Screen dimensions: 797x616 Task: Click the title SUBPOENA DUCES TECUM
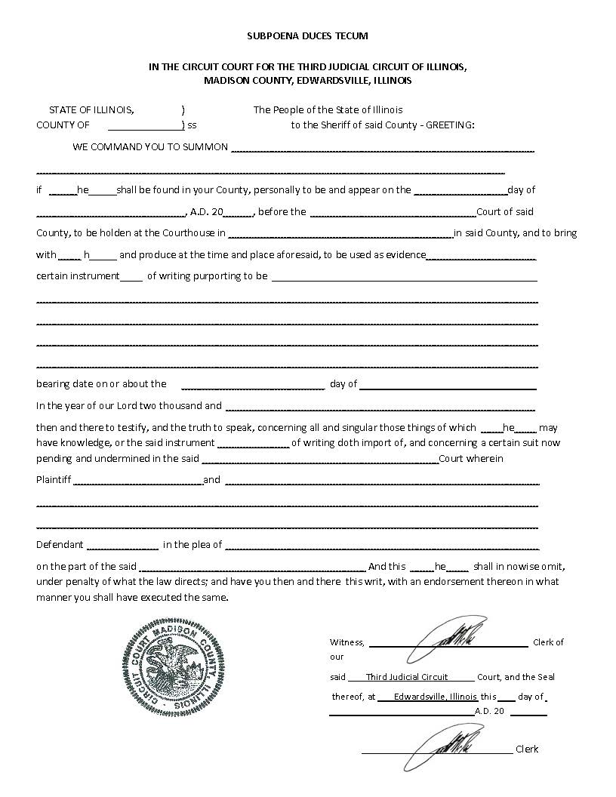307,35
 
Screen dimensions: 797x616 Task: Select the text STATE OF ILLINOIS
91,109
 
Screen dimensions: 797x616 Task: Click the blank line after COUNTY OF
144,126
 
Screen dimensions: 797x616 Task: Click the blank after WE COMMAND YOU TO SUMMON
382,148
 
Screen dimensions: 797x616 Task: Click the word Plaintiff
54,479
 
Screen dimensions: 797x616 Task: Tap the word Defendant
60,544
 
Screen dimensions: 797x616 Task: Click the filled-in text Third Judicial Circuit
407,677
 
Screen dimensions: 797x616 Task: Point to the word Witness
347,642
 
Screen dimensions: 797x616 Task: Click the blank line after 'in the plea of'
382,546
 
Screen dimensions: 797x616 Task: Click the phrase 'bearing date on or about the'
101,383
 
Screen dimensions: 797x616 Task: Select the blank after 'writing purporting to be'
404,277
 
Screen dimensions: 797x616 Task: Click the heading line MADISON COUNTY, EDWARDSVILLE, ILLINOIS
307,80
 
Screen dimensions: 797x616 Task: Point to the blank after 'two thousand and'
380,407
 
